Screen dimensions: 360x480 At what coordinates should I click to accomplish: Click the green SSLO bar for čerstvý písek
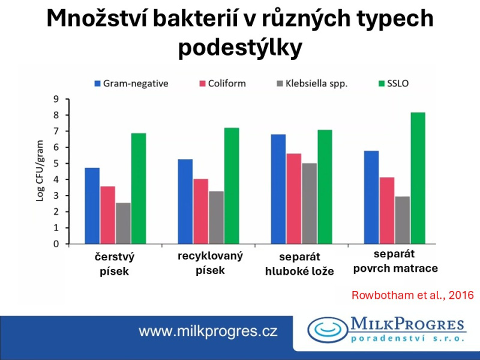(x=139, y=188)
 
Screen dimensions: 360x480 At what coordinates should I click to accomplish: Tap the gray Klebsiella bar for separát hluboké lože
(x=310, y=203)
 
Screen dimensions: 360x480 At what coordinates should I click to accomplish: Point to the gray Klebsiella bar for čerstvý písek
(x=123, y=223)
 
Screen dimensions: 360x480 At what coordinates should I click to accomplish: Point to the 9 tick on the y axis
(x=56, y=99)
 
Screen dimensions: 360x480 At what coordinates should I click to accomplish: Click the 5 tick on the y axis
(x=56, y=163)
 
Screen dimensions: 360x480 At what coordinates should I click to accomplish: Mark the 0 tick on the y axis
(x=56, y=244)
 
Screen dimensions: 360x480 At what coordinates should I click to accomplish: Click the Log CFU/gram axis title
(x=41, y=172)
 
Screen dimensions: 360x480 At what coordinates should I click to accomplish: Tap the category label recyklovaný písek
(x=210, y=263)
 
